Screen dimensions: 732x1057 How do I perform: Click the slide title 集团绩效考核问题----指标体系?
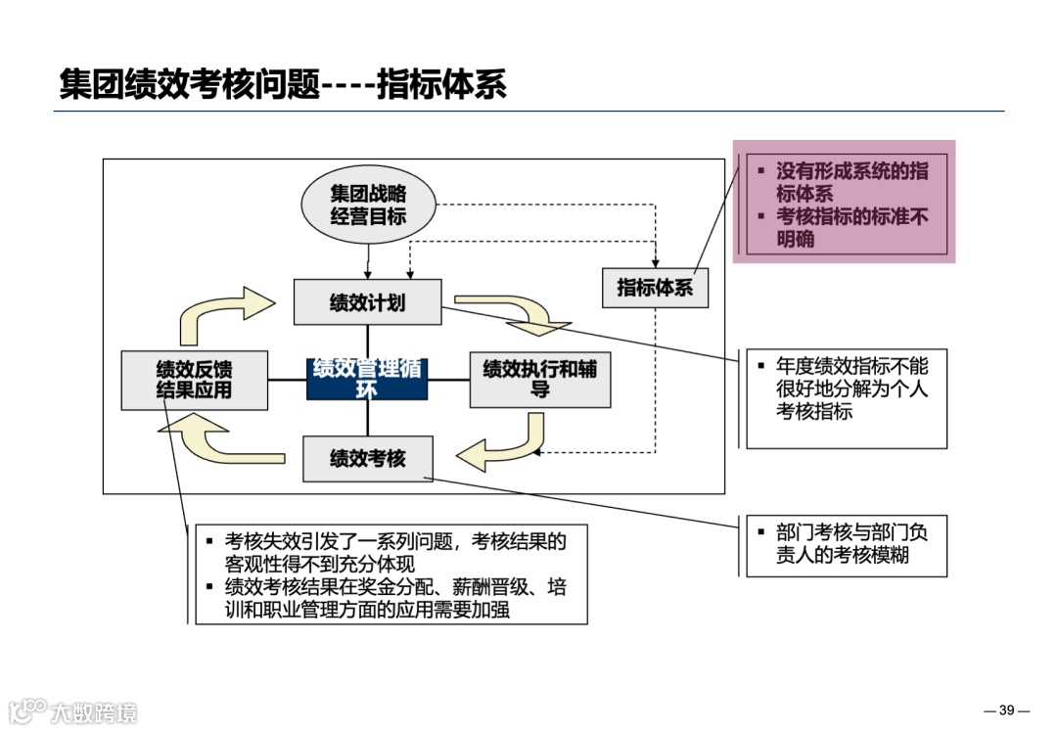[x=283, y=84]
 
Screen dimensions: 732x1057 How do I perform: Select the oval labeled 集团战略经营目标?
[x=368, y=205]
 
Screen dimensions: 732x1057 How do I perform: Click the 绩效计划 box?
[x=367, y=302]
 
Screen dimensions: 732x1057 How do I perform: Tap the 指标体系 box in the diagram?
[x=655, y=288]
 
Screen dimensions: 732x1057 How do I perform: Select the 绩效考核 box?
[x=367, y=458]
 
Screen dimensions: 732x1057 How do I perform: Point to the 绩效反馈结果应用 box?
[x=194, y=380]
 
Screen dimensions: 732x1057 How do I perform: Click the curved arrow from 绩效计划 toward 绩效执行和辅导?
[x=519, y=311]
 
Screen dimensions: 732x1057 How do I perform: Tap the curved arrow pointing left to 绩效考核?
[x=504, y=445]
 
